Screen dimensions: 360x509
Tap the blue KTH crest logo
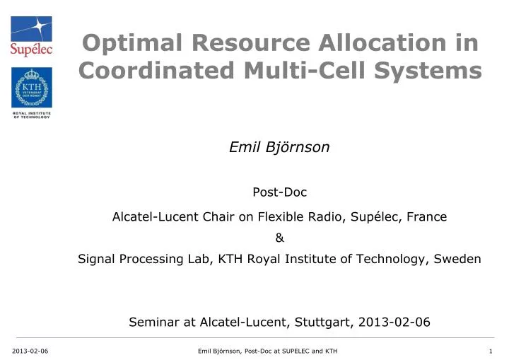pos(31,88)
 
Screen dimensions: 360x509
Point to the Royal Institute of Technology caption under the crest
pos(31,115)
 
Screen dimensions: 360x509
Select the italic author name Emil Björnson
pos(279,147)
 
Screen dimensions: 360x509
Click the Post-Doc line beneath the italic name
pos(279,191)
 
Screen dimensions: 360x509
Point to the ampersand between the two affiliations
pos(279,238)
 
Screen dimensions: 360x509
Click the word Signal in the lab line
pos(96,259)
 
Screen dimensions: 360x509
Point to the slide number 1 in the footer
pos(490,351)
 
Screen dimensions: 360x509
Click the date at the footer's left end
pos(25,351)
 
